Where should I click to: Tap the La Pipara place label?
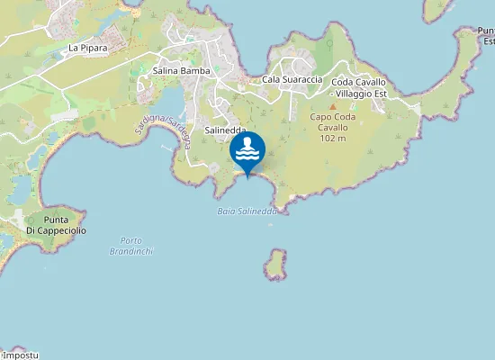click(x=87, y=47)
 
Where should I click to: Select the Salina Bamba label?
click(x=182, y=70)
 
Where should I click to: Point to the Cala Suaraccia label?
click(x=292, y=80)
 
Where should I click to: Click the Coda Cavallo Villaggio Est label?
click(x=358, y=87)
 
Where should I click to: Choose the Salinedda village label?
click(x=226, y=130)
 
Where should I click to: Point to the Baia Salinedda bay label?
click(x=246, y=211)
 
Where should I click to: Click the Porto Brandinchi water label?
click(x=136, y=246)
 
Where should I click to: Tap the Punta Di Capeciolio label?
click(x=56, y=226)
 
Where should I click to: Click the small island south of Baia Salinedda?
click(x=275, y=264)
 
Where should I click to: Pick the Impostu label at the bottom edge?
click(x=20, y=355)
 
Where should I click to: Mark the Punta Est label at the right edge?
click(x=486, y=36)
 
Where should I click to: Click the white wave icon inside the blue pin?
click(x=247, y=157)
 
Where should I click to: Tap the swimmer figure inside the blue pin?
click(x=247, y=144)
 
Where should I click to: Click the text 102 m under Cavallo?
click(x=333, y=138)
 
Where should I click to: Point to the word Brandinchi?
click(x=136, y=251)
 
